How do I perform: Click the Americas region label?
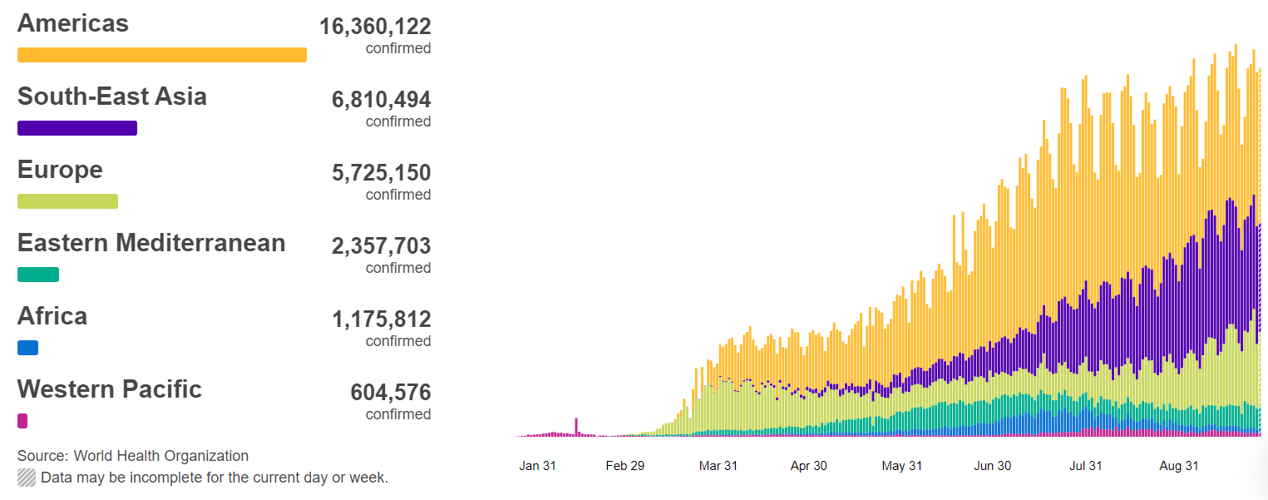coord(73,23)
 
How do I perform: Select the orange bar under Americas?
coord(162,55)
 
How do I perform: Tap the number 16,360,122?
coord(375,27)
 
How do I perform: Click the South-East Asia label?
coord(112,97)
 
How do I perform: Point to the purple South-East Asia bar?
coord(77,128)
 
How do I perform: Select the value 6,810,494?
coord(381,100)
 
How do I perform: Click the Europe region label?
coord(60,170)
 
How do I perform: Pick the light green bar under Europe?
coord(67,201)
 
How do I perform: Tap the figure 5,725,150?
coord(381,173)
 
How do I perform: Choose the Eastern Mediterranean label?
coord(151,243)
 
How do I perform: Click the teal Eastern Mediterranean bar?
coord(38,275)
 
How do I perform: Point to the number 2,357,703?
coord(381,246)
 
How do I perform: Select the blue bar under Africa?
coord(27,348)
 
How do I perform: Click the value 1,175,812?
coord(381,319)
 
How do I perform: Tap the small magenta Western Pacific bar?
coord(22,421)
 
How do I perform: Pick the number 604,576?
coord(391,393)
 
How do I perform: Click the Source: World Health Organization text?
coord(133,456)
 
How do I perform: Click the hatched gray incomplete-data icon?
coord(27,478)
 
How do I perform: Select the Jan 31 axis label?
coord(537,466)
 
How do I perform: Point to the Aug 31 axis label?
coord(1179,466)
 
